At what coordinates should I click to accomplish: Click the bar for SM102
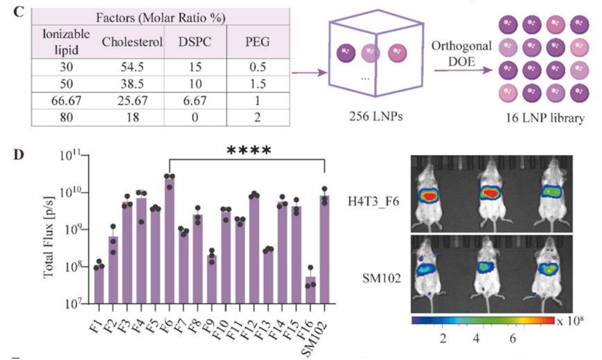(x=324, y=249)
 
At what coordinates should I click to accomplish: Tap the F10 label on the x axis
(x=223, y=319)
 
